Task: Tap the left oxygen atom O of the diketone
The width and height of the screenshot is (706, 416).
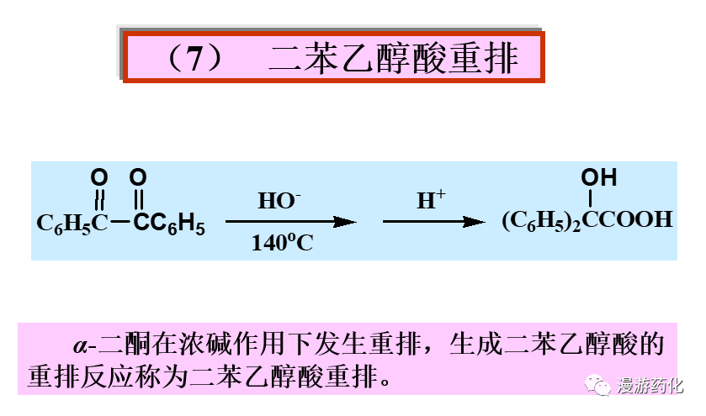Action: (98, 177)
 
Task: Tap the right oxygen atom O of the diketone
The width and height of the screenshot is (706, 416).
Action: (138, 177)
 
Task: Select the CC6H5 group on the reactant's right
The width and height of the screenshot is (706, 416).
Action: (168, 224)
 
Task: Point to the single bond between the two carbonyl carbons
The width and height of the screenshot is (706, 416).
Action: (119, 223)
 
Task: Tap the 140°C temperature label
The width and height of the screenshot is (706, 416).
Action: (282, 244)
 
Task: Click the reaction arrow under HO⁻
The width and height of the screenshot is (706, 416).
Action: (290, 222)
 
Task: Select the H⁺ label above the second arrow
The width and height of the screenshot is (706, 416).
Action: (431, 202)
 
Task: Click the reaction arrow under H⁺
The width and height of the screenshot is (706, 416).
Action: (433, 222)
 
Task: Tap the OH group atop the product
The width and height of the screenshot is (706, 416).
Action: (598, 177)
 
